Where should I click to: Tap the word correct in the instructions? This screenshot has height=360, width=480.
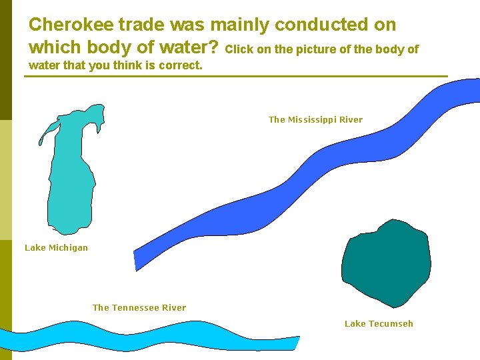pos(179,66)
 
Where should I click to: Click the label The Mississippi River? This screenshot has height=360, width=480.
pos(315,120)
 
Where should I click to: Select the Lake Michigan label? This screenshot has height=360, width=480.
pos(56,248)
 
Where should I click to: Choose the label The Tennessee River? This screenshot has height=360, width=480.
pos(139,308)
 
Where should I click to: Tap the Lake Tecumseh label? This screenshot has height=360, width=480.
pos(379,324)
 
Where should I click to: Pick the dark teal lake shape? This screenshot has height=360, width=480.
pos(386,263)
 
